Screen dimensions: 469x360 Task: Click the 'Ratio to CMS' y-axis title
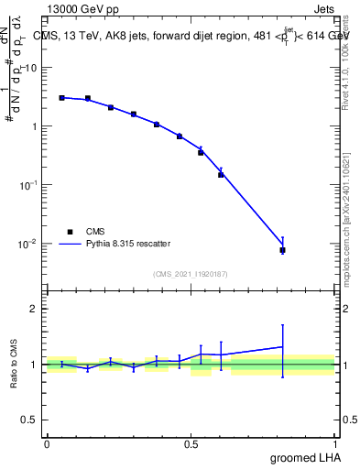click(14, 365)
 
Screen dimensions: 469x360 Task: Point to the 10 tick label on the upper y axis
click(30, 68)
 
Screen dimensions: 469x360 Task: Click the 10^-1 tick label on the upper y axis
click(30, 185)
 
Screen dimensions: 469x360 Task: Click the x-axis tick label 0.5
click(191, 442)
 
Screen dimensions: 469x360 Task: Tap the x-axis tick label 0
click(47, 442)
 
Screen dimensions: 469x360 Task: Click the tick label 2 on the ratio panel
click(34, 309)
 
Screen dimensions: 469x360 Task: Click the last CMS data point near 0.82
click(282, 249)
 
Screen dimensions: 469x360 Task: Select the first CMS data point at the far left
click(61, 97)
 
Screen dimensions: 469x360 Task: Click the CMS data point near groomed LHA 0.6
click(221, 174)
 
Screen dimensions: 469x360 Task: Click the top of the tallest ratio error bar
click(282, 324)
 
